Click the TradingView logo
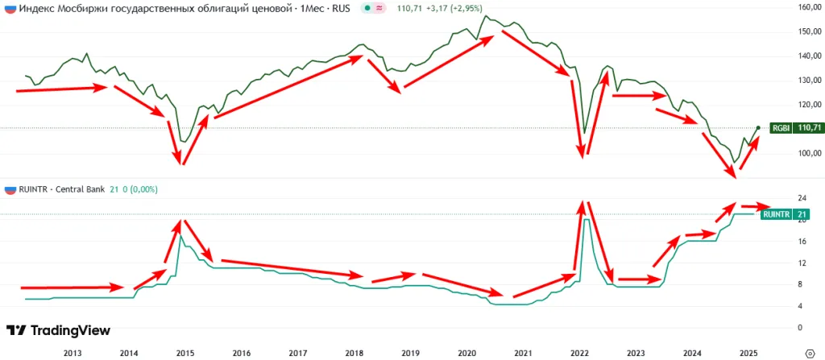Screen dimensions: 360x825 point(58,330)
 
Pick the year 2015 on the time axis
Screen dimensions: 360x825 point(184,353)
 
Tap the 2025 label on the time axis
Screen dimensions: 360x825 point(748,353)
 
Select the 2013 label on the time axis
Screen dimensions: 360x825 point(72,353)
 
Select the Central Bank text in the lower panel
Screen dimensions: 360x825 point(81,189)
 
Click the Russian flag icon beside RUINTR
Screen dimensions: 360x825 point(10,189)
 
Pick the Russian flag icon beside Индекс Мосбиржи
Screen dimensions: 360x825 point(10,8)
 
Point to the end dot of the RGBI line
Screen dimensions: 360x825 point(757,128)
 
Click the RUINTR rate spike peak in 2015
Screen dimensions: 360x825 point(181,236)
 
